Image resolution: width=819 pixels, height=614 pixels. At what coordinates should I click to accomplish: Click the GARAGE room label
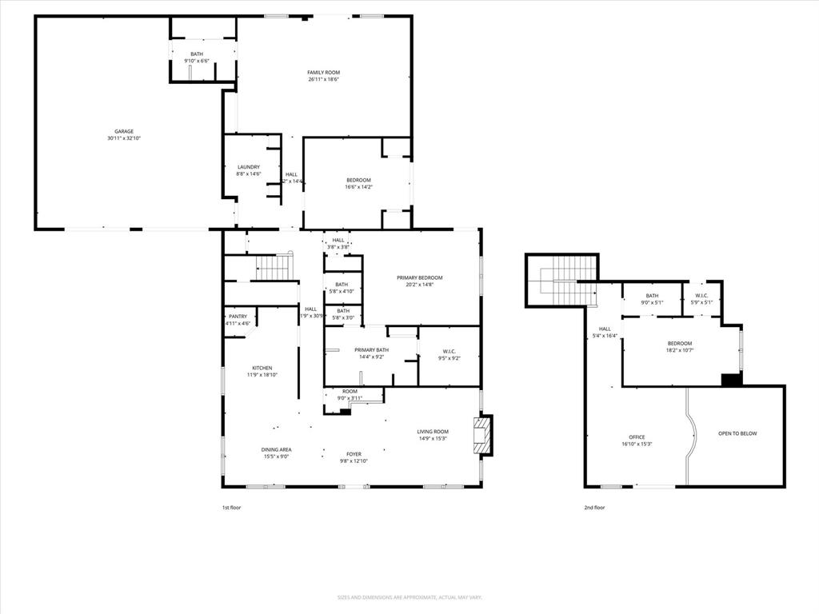(123, 131)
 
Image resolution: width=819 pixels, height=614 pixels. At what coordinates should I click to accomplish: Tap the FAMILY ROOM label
(323, 73)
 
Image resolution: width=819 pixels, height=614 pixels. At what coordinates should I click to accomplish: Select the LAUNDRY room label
(249, 167)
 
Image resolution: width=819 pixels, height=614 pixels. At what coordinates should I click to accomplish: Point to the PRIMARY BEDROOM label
(419, 277)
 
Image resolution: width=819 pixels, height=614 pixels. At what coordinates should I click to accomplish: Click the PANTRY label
(238, 317)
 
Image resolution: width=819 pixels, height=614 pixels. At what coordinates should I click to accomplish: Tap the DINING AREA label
(275, 449)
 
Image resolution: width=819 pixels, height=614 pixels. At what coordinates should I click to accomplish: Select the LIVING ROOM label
(433, 432)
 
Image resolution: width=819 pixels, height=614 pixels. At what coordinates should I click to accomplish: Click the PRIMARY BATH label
(371, 349)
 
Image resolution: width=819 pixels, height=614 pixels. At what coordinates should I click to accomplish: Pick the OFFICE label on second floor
(637, 437)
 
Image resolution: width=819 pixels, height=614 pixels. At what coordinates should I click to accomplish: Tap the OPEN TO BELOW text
(737, 433)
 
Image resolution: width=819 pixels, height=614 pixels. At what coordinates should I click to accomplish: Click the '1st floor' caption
(231, 508)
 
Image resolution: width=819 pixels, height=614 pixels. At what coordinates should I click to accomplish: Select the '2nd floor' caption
(594, 508)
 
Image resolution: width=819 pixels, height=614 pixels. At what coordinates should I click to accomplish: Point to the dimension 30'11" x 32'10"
(123, 138)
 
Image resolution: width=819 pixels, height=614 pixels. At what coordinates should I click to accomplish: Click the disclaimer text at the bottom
(409, 597)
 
